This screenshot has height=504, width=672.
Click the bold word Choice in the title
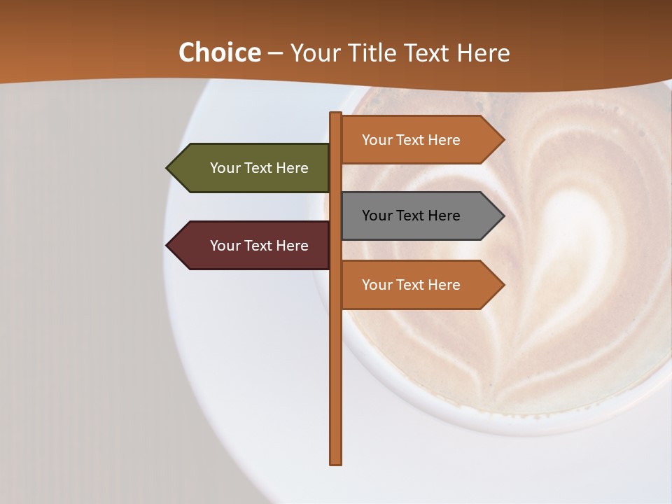click(x=219, y=53)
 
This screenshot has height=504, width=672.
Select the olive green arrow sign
click(x=252, y=168)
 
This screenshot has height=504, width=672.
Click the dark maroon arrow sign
click(x=252, y=246)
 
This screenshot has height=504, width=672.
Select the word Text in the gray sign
click(x=411, y=216)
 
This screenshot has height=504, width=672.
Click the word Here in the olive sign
click(x=291, y=168)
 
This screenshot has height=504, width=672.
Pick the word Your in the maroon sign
click(x=225, y=246)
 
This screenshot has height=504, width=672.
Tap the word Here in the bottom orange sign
click(x=443, y=285)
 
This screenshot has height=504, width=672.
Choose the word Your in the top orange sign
click(x=377, y=140)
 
